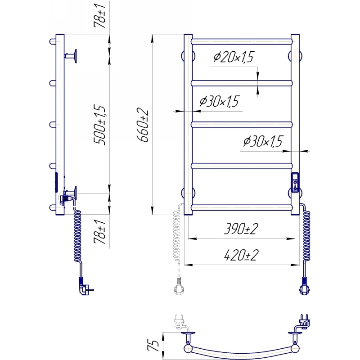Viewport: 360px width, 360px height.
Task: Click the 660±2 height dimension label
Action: (x=143, y=125)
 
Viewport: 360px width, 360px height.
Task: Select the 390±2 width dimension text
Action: (x=241, y=229)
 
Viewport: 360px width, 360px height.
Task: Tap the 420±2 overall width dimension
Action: (x=241, y=255)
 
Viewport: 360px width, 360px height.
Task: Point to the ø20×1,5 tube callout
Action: (x=234, y=57)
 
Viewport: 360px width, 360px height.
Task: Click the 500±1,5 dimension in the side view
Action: (x=99, y=125)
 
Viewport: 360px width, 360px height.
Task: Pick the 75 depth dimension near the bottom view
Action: (x=153, y=345)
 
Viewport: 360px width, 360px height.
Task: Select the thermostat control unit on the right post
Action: (x=295, y=182)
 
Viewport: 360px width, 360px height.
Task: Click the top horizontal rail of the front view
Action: (x=242, y=41)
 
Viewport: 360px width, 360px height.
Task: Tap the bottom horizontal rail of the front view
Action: (x=242, y=207)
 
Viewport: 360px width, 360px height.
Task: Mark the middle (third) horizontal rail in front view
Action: (x=242, y=125)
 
